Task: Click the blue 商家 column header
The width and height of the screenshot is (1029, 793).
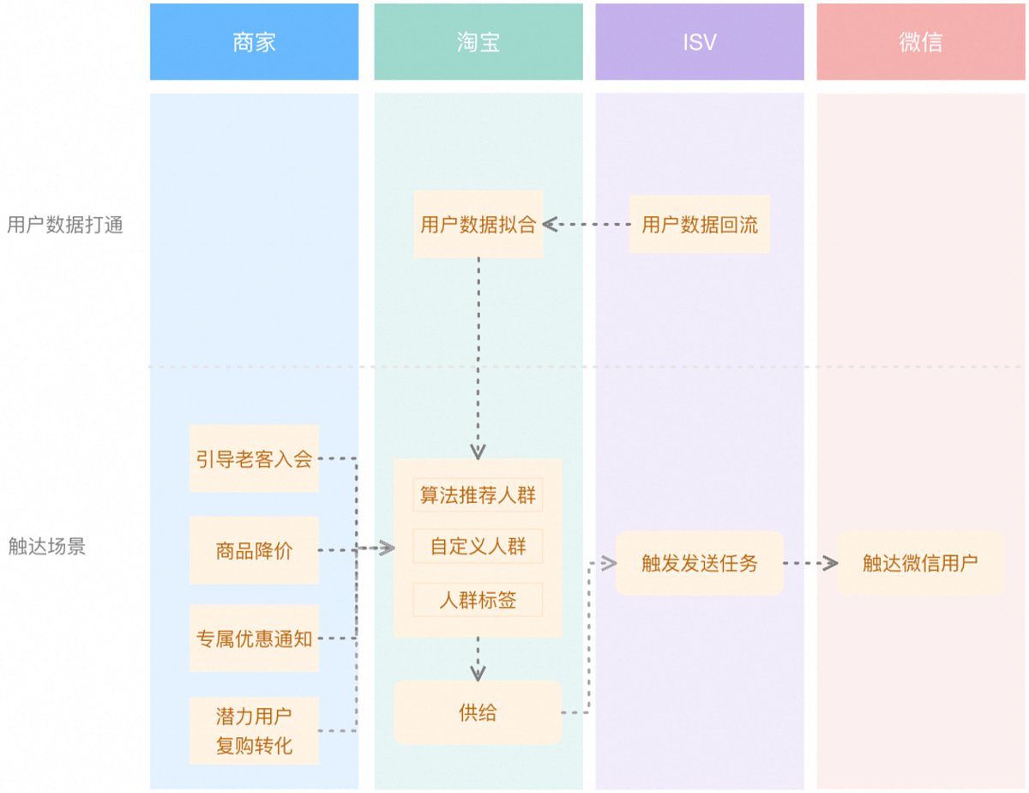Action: (x=254, y=42)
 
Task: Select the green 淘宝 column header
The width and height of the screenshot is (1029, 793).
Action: (x=478, y=42)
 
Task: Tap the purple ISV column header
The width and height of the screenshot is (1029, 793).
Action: (x=700, y=42)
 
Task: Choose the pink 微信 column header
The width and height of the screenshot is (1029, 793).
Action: (x=921, y=42)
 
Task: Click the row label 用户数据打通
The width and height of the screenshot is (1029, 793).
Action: (x=65, y=225)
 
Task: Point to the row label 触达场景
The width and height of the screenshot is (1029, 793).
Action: (x=47, y=546)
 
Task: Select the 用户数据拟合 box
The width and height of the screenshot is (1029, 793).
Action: (x=478, y=224)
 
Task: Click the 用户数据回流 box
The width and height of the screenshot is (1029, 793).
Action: (x=700, y=224)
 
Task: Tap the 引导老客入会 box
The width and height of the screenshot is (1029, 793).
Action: (x=255, y=458)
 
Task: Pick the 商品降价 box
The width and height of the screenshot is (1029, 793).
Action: (x=255, y=550)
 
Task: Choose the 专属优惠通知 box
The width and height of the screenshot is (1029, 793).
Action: (x=255, y=639)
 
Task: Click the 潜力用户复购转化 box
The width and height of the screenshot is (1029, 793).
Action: (x=255, y=730)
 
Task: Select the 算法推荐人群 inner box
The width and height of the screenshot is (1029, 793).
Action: (x=478, y=495)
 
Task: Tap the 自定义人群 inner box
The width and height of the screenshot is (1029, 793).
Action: (x=478, y=546)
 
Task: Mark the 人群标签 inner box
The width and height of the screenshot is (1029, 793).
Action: (x=478, y=600)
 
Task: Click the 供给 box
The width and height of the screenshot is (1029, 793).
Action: (x=478, y=712)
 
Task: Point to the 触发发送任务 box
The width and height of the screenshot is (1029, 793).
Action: (x=700, y=563)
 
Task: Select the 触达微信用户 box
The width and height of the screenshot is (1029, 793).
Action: (x=921, y=563)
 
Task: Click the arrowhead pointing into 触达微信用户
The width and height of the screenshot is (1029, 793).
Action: (x=831, y=563)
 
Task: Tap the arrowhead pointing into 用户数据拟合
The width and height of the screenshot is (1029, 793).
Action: (x=551, y=224)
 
